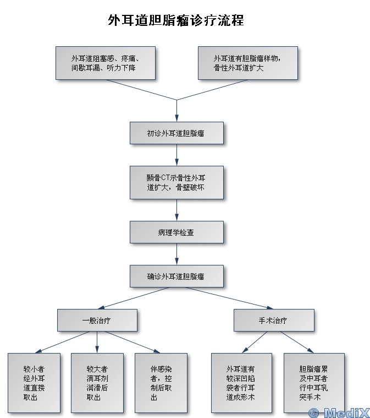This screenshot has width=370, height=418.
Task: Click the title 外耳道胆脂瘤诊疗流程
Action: coord(176,21)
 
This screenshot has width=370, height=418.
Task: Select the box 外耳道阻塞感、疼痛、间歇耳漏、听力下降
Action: coord(105,63)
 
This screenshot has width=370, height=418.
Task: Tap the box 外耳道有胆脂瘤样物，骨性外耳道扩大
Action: coord(247,63)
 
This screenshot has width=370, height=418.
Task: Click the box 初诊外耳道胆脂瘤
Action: coord(176,133)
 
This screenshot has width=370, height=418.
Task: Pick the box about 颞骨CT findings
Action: coord(176,182)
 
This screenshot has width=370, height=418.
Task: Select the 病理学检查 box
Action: coord(176,232)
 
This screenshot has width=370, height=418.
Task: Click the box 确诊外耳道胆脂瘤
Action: coord(176,276)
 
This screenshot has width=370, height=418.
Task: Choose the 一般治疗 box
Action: coord(97,320)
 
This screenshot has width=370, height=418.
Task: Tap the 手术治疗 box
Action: coord(274,320)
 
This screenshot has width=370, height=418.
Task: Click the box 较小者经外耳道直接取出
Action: coord(34,383)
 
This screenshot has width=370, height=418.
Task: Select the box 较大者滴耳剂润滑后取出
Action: coord(97,383)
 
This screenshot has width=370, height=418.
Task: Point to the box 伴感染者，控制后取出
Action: coord(161,383)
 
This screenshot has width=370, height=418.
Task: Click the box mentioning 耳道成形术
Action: coord(241,383)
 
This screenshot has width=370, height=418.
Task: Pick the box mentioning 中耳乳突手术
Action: coord(314,383)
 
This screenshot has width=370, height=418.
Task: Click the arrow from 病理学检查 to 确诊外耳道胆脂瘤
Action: coord(176,254)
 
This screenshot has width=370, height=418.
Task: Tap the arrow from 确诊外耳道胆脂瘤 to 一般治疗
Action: coord(137,298)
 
